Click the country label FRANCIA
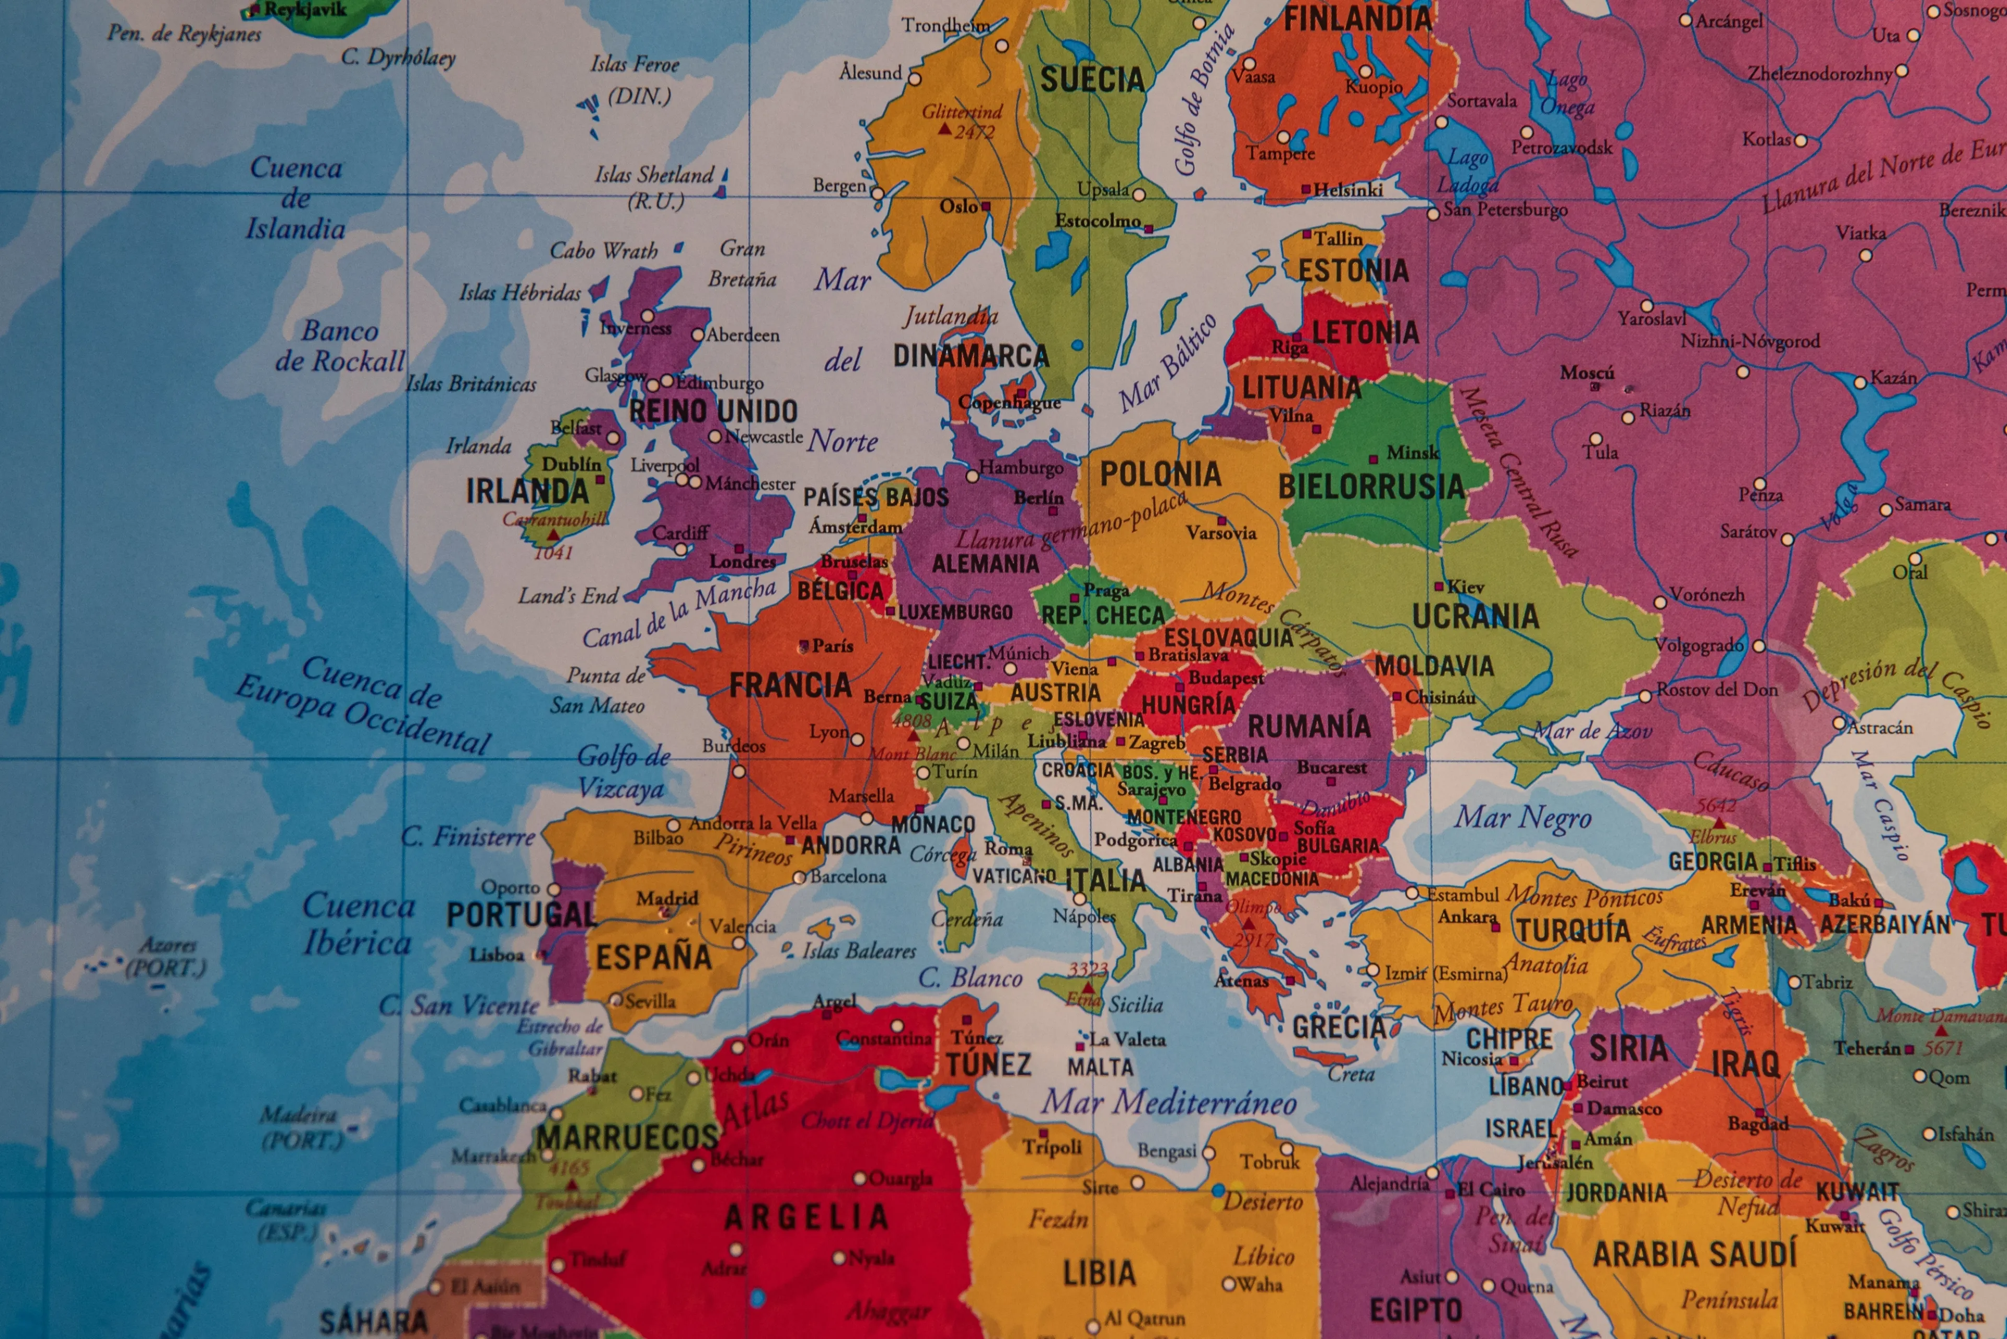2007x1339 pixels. (x=790, y=685)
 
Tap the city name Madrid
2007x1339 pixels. (x=667, y=898)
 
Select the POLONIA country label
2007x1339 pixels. (x=1160, y=474)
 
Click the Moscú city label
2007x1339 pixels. (x=1587, y=372)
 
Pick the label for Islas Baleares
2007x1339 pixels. (x=859, y=951)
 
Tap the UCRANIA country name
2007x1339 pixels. (x=1475, y=616)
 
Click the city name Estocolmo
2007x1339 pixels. (x=1098, y=221)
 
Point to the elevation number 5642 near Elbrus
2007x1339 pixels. (x=1716, y=805)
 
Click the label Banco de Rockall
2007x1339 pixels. (x=340, y=346)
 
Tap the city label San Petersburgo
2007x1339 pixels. (x=1505, y=209)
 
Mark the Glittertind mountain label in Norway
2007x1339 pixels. (x=961, y=112)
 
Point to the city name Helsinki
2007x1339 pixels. (x=1348, y=190)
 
